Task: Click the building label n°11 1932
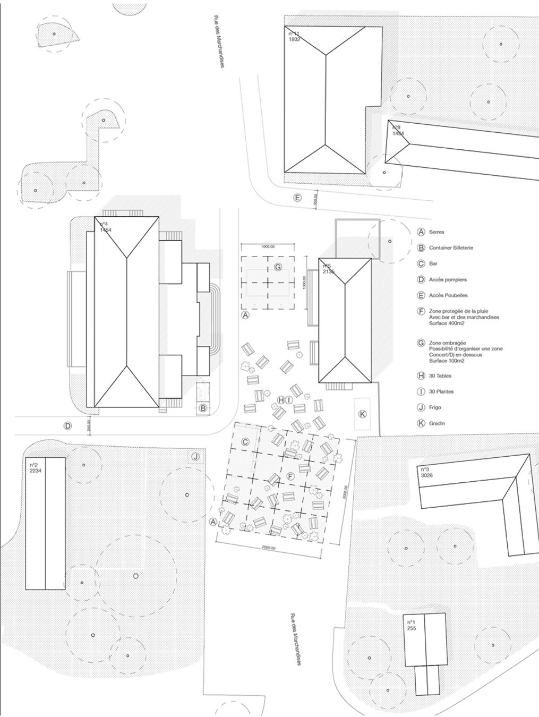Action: pyautogui.click(x=294, y=37)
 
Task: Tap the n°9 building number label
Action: pyautogui.click(x=398, y=131)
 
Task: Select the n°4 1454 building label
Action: pyautogui.click(x=106, y=227)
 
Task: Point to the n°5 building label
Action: pyautogui.click(x=328, y=269)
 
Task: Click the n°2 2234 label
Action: pyautogui.click(x=36, y=468)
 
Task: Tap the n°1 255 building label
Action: pyautogui.click(x=412, y=625)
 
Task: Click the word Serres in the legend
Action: pyautogui.click(x=437, y=232)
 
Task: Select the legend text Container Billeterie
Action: pyautogui.click(x=451, y=248)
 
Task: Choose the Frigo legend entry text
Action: pyautogui.click(x=435, y=407)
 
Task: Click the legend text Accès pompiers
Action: pyautogui.click(x=448, y=279)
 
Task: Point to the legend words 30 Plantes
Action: pyautogui.click(x=441, y=391)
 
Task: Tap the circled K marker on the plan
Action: pyautogui.click(x=363, y=413)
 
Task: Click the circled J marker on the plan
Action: pyautogui.click(x=195, y=457)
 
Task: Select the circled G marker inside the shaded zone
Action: pyautogui.click(x=277, y=267)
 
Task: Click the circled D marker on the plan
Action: pyautogui.click(x=67, y=426)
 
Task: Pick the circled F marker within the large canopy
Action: pyautogui.click(x=290, y=476)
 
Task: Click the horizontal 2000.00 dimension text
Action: pyautogui.click(x=272, y=548)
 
